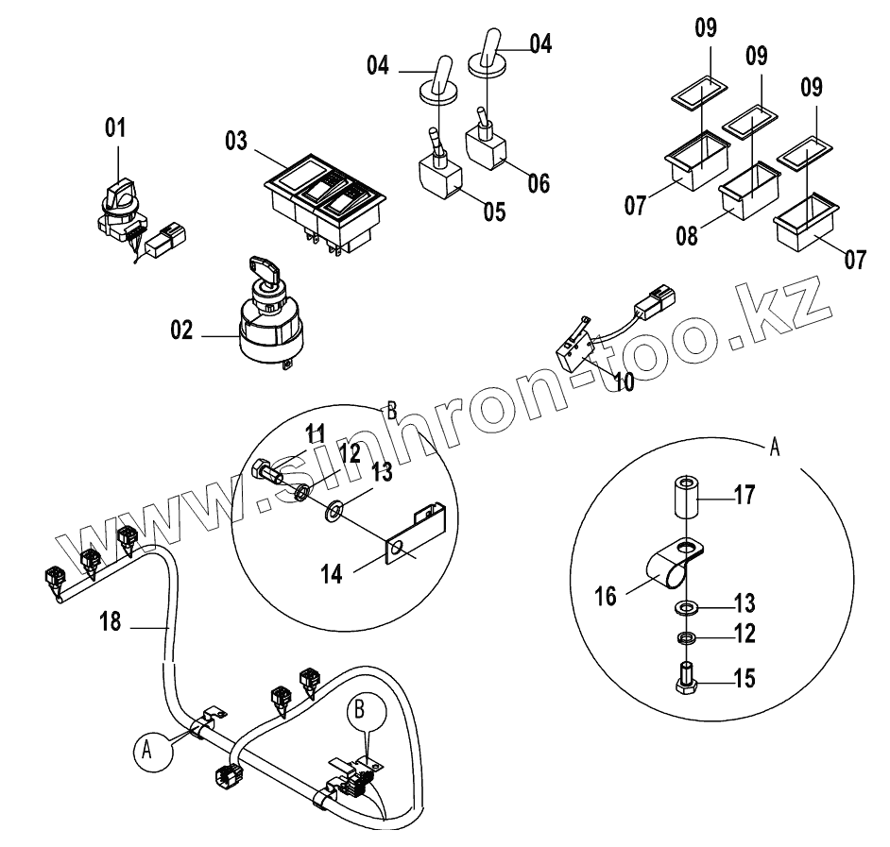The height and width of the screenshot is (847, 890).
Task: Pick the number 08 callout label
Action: coord(688,235)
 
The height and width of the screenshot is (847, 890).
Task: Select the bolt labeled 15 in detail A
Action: coord(685,678)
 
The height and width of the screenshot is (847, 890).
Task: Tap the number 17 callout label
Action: coord(744,495)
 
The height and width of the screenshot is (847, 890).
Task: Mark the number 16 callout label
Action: coord(606,596)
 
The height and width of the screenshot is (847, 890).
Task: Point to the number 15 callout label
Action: coord(744,679)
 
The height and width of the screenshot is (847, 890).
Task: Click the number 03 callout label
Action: coord(236,143)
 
